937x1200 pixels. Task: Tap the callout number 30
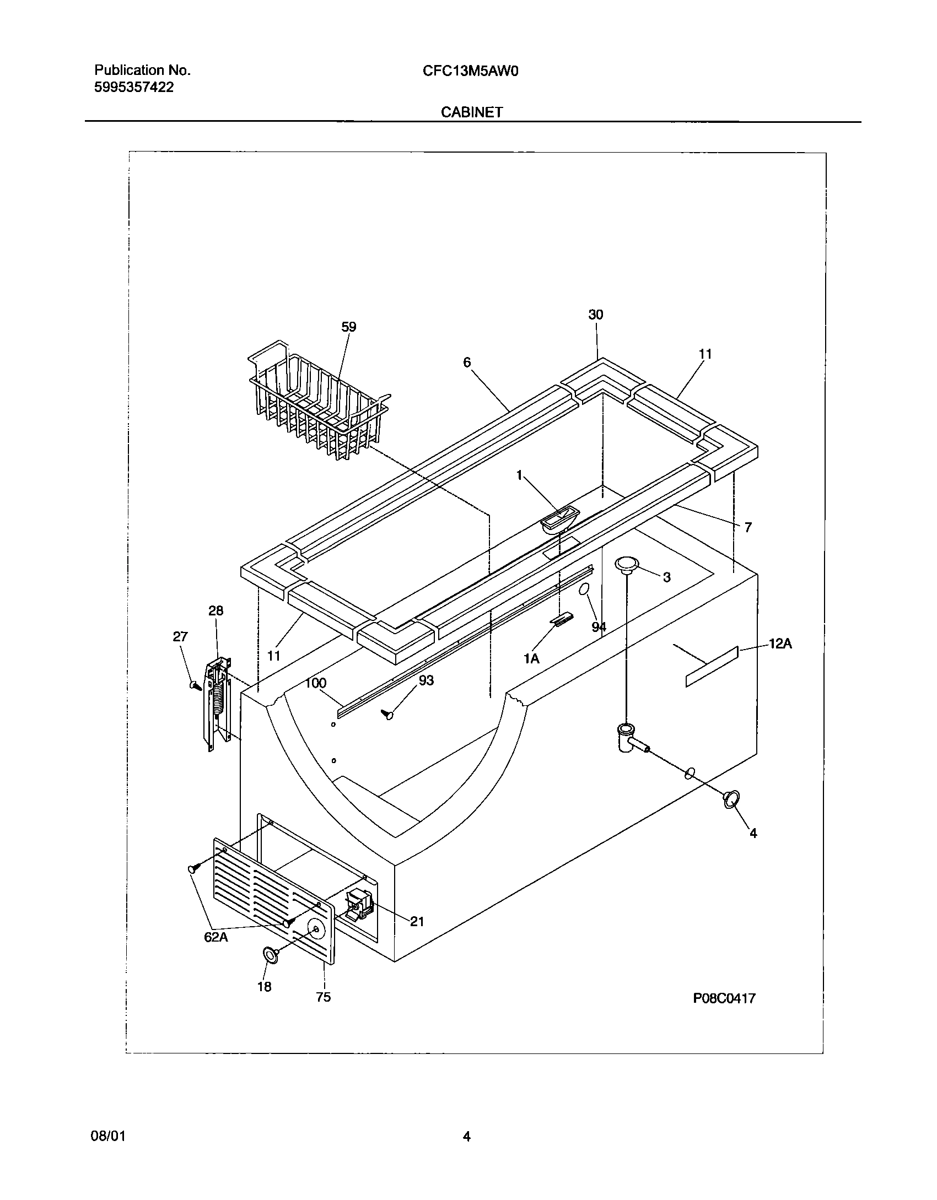pyautogui.click(x=596, y=315)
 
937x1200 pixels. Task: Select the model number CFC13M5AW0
pyautogui.click(x=471, y=71)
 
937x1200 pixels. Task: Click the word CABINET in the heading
pyautogui.click(x=471, y=112)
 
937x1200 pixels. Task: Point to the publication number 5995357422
pyautogui.click(x=134, y=87)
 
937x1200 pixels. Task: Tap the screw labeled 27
pyautogui.click(x=194, y=685)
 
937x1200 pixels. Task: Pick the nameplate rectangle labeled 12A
pyautogui.click(x=712, y=667)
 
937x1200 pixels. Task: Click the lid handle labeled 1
pyautogui.click(x=558, y=520)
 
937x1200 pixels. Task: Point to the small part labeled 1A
pyautogui.click(x=561, y=620)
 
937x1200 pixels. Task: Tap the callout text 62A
pyautogui.click(x=216, y=937)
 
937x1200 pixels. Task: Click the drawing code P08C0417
pyautogui.click(x=724, y=998)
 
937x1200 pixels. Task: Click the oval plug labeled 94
pyautogui.click(x=583, y=590)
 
